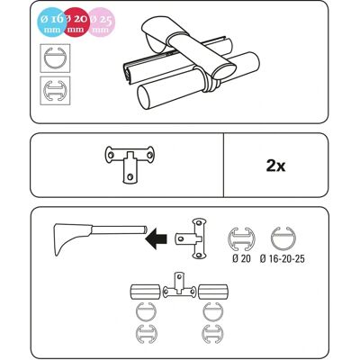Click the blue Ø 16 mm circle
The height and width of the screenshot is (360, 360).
pos(51,22)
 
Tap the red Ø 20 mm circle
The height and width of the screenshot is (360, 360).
pos(76,21)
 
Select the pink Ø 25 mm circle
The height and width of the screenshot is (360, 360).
pos(101,22)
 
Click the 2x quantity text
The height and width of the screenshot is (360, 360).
pos(275,166)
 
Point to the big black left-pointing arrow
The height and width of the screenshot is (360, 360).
pos(156,239)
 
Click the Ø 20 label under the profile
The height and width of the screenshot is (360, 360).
pos(241,258)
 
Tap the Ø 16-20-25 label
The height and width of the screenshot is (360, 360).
pos(283,258)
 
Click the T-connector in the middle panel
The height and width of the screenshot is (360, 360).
pos(130,164)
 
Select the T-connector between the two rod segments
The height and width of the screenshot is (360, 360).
pos(179,287)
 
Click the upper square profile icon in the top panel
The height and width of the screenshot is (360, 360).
pos(55,58)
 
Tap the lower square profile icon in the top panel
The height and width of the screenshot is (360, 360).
pos(55,91)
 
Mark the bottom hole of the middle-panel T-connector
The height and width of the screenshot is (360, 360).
pos(130,176)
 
